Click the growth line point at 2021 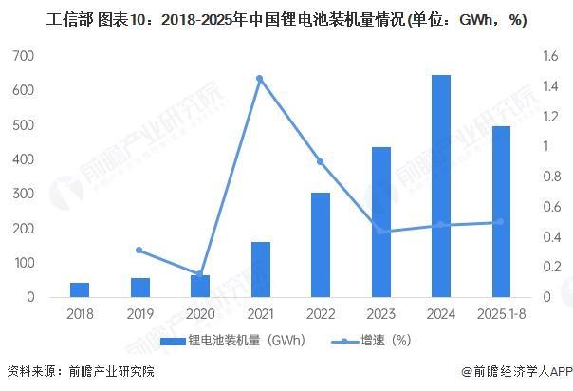259,78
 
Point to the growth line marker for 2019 139,251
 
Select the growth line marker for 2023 380,232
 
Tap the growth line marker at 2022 321,162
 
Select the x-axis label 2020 199,313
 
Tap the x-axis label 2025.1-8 501,313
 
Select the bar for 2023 380,222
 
